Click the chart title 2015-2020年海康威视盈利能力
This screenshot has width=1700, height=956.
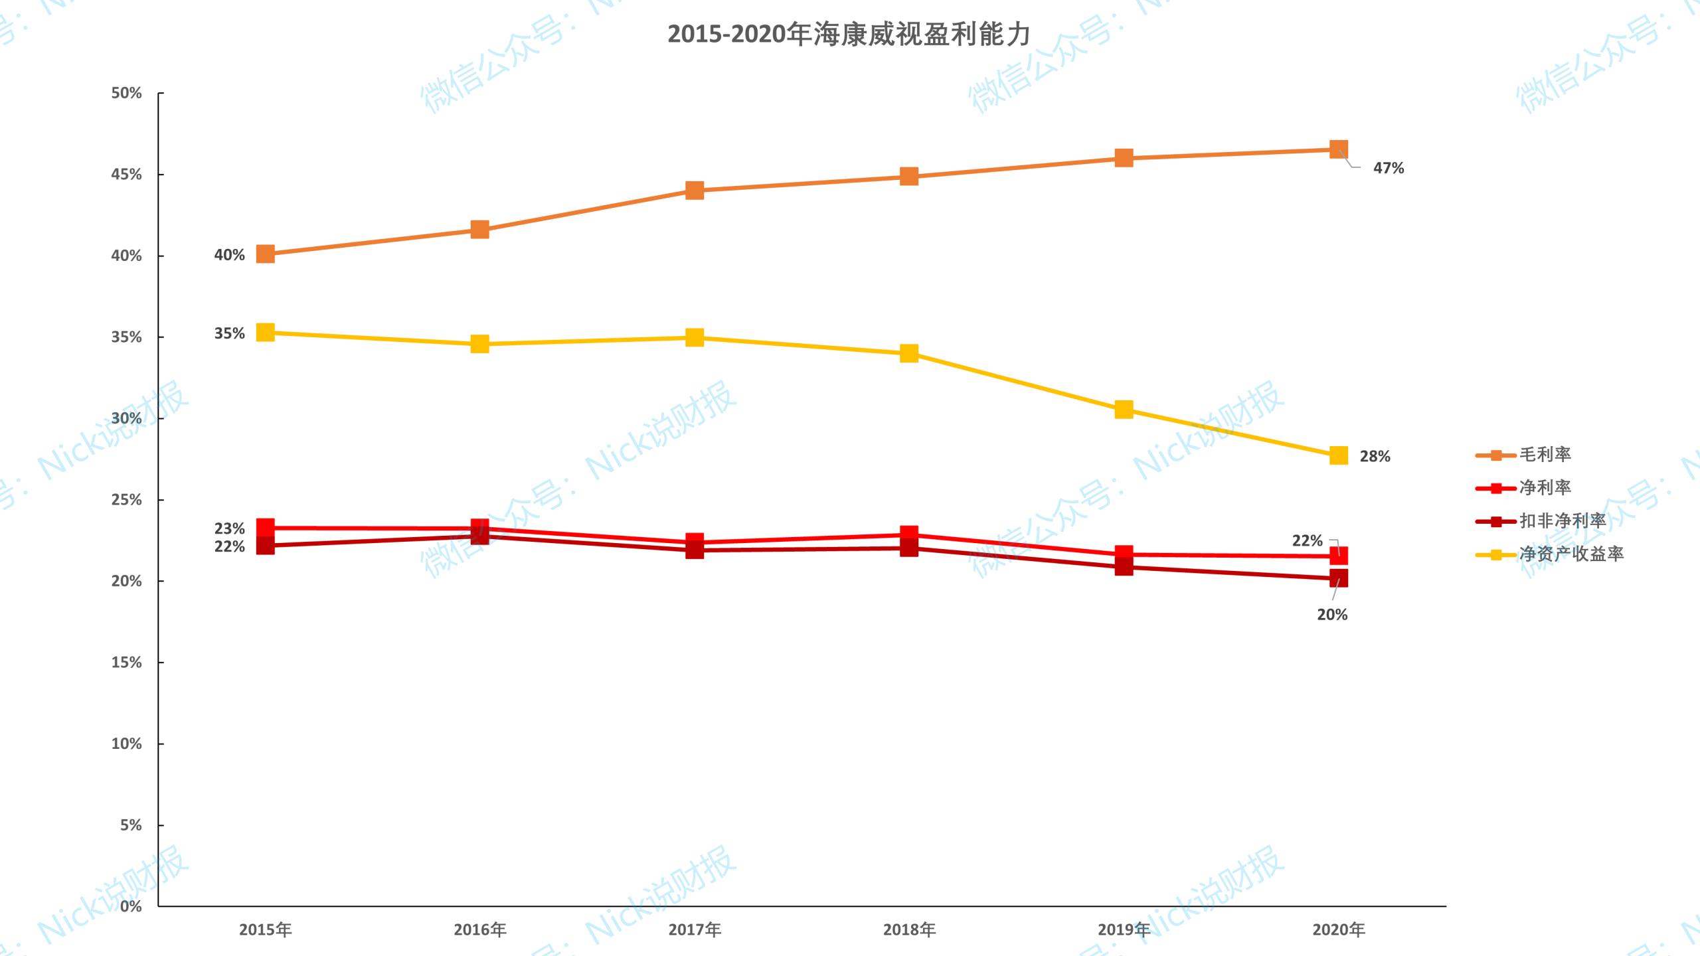pyautogui.click(x=849, y=35)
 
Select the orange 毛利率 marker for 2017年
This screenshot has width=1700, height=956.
pyautogui.click(x=695, y=191)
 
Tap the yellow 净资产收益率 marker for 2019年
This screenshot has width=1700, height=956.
pyautogui.click(x=1124, y=410)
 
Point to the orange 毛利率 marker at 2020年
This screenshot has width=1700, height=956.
pyautogui.click(x=1339, y=149)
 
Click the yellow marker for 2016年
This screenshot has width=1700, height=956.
pyautogui.click(x=480, y=344)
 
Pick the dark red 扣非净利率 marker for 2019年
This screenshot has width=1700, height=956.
pyautogui.click(x=1124, y=567)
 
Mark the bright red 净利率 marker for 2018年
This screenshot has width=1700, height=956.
pyautogui.click(x=909, y=534)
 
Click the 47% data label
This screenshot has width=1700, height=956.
pyautogui.click(x=1389, y=169)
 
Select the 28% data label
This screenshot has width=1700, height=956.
pyautogui.click(x=1375, y=457)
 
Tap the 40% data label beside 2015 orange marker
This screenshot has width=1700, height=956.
pyautogui.click(x=229, y=255)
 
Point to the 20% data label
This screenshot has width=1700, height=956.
pyautogui.click(x=1332, y=615)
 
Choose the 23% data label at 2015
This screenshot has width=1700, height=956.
pyautogui.click(x=229, y=528)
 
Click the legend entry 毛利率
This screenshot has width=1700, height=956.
pyautogui.click(x=1545, y=455)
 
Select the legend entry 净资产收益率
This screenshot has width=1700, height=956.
pyautogui.click(x=1571, y=554)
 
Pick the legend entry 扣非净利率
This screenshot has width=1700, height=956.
pyautogui.click(x=1562, y=521)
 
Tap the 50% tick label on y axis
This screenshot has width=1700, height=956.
pyautogui.click(x=126, y=93)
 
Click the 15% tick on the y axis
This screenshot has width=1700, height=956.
pyautogui.click(x=126, y=663)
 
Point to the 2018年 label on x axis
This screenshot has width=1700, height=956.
pyautogui.click(x=909, y=929)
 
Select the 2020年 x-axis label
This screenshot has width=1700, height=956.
pyautogui.click(x=1339, y=929)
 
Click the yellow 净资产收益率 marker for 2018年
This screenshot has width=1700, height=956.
pyautogui.click(x=909, y=353)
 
